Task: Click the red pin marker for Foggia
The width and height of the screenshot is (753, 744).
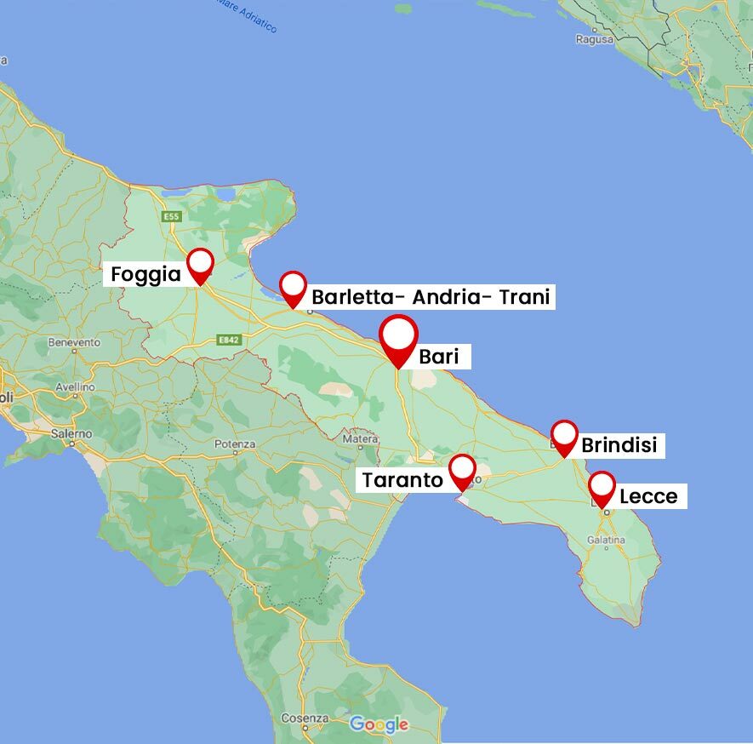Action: tap(200, 264)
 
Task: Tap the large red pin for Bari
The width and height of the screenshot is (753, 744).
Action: tap(399, 338)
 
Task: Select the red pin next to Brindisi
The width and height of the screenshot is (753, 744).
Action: tap(564, 436)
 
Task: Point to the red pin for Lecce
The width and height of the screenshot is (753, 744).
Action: tap(602, 488)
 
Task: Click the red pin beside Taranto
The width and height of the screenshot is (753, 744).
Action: tap(462, 470)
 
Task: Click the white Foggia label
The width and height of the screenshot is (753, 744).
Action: tap(146, 275)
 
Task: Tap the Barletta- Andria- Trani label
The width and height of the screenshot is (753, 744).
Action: tap(431, 297)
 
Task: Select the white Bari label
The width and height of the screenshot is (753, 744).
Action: tap(438, 357)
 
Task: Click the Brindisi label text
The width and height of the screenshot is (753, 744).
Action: tap(619, 445)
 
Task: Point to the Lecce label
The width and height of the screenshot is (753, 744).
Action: tap(648, 496)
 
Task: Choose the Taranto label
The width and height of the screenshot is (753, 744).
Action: tap(402, 480)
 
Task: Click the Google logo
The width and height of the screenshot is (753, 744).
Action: tap(379, 725)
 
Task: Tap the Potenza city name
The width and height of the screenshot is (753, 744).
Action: tap(235, 444)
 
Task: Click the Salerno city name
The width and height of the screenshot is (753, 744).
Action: tap(71, 433)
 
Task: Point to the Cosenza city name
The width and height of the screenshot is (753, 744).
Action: tap(305, 718)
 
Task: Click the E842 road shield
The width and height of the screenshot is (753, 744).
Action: tap(228, 339)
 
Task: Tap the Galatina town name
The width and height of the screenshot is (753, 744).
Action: tap(606, 540)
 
